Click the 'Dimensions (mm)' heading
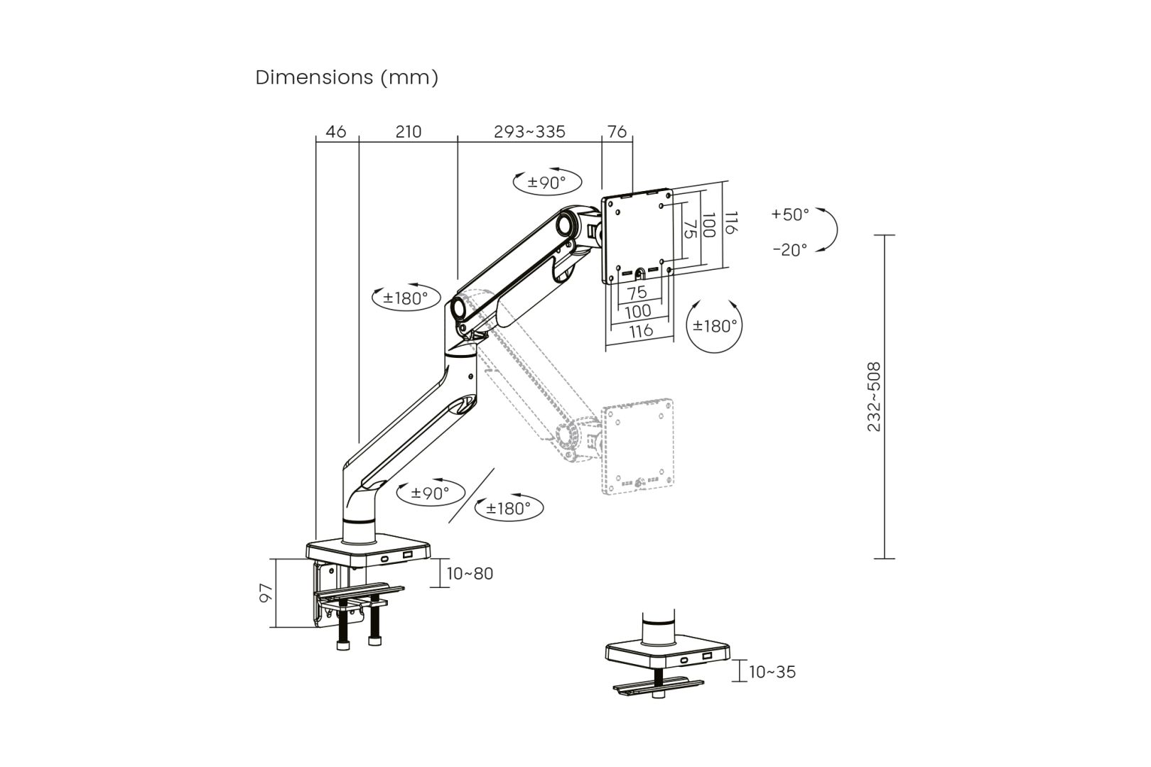(347, 77)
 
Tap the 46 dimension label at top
(336, 132)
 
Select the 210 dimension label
(408, 132)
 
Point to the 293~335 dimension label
(529, 132)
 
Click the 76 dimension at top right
(617, 132)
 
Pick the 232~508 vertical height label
(874, 396)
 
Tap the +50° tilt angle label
(790, 214)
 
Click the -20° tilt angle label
(790, 250)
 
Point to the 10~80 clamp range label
(470, 573)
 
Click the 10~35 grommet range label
(772, 671)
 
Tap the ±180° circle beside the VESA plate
(715, 326)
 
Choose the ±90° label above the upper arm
(546, 183)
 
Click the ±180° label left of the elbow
(406, 298)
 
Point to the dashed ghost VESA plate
(637, 449)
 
